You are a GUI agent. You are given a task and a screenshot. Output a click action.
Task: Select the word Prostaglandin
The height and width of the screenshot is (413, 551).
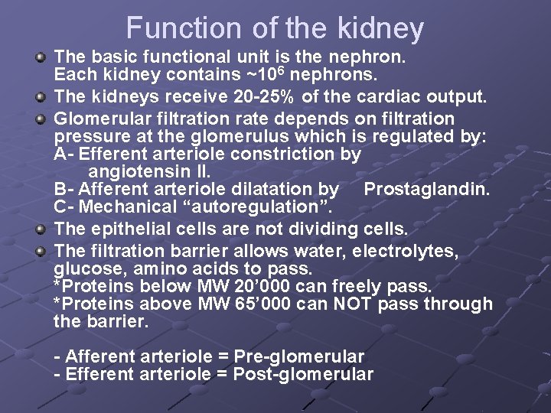click(x=426, y=189)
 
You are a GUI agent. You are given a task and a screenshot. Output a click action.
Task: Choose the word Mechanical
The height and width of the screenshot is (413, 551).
click(x=122, y=206)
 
